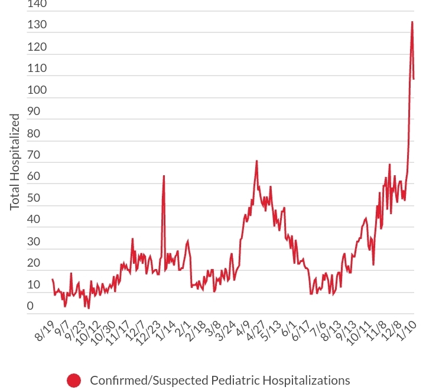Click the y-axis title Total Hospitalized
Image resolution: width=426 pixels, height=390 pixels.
(x=15, y=162)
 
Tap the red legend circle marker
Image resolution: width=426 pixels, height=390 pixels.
(x=74, y=380)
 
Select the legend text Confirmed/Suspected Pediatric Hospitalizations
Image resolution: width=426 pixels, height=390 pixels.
(x=220, y=380)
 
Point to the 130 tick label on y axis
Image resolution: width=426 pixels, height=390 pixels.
(x=37, y=25)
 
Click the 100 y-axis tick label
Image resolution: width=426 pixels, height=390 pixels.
(x=37, y=90)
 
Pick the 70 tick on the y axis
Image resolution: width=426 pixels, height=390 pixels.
(x=34, y=155)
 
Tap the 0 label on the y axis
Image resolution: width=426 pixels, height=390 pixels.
(x=30, y=306)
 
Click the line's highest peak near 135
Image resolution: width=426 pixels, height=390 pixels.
(x=412, y=22)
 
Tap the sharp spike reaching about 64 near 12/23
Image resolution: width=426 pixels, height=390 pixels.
(x=164, y=176)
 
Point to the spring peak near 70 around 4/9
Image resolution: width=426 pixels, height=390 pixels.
(x=256, y=160)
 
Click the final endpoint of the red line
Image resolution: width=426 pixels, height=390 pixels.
(x=414, y=78)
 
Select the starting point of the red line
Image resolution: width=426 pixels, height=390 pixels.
(x=53, y=279)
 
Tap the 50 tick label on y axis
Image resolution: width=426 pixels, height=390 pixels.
(x=34, y=198)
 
